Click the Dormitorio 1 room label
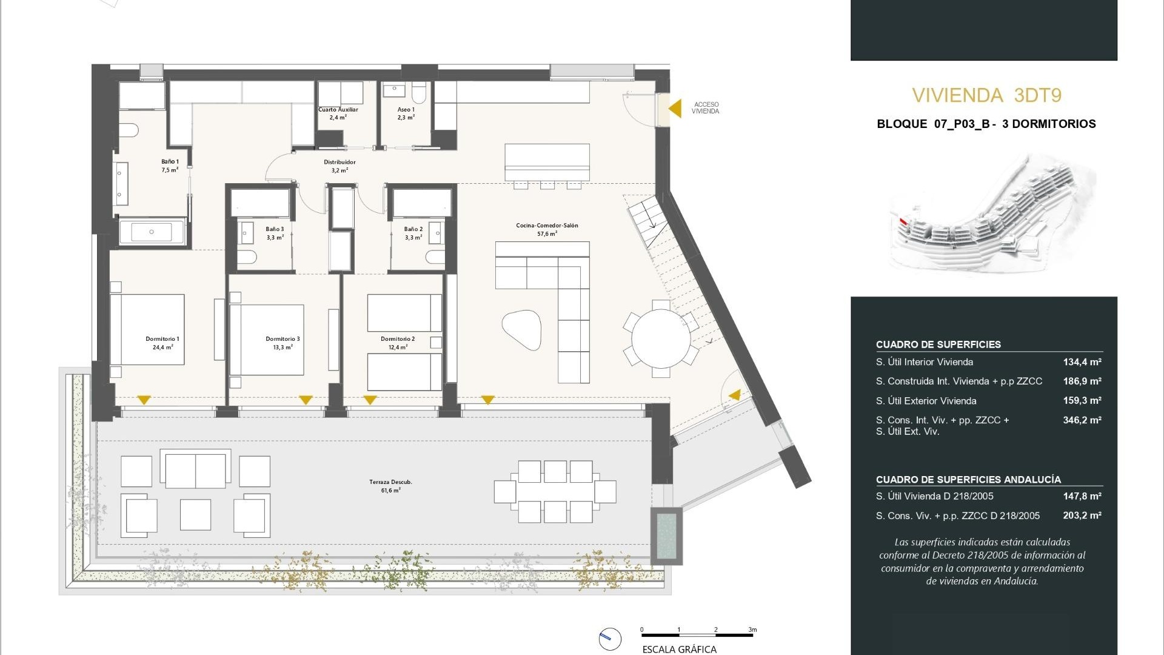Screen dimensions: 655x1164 pos(162,343)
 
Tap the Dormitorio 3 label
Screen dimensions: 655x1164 pos(283,343)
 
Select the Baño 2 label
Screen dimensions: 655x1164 pos(413,233)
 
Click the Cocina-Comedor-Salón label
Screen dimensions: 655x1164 pos(547,229)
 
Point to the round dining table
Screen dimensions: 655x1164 pos(661,338)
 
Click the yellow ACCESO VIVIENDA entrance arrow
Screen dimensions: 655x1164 pos(675,109)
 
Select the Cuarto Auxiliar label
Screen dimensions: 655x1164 pos(338,113)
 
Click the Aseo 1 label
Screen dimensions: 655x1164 pos(406,113)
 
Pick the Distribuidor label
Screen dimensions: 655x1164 pos(339,166)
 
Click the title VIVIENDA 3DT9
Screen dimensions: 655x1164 pos(986,95)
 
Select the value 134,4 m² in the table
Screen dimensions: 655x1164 pos(1082,362)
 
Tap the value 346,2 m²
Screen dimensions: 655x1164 pos(1082,420)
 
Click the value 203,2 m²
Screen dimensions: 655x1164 pos(1082,516)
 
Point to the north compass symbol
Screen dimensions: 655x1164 pos(610,639)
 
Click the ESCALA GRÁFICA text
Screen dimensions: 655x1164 pos(679,650)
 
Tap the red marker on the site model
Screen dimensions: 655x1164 pos(903,222)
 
